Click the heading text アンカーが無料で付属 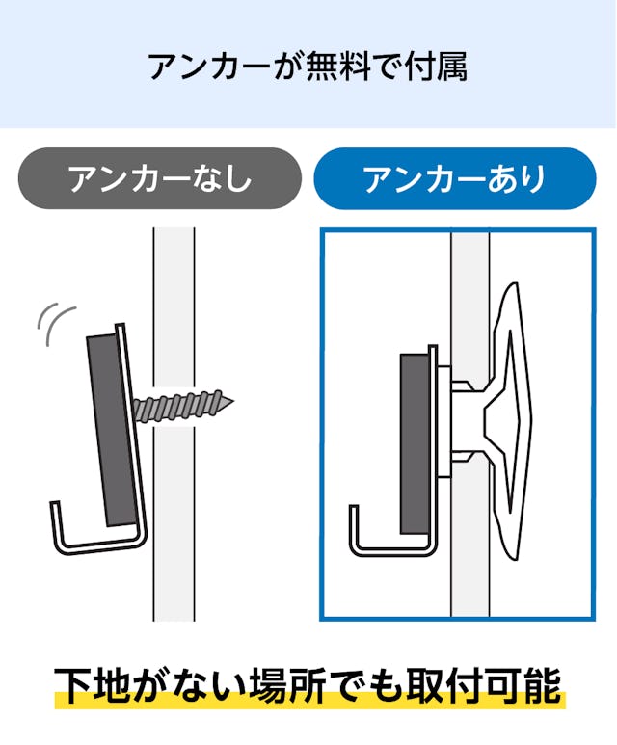[x=308, y=67]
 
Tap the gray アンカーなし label [x=159, y=179]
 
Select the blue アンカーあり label [x=454, y=179]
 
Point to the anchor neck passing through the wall [x=469, y=419]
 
